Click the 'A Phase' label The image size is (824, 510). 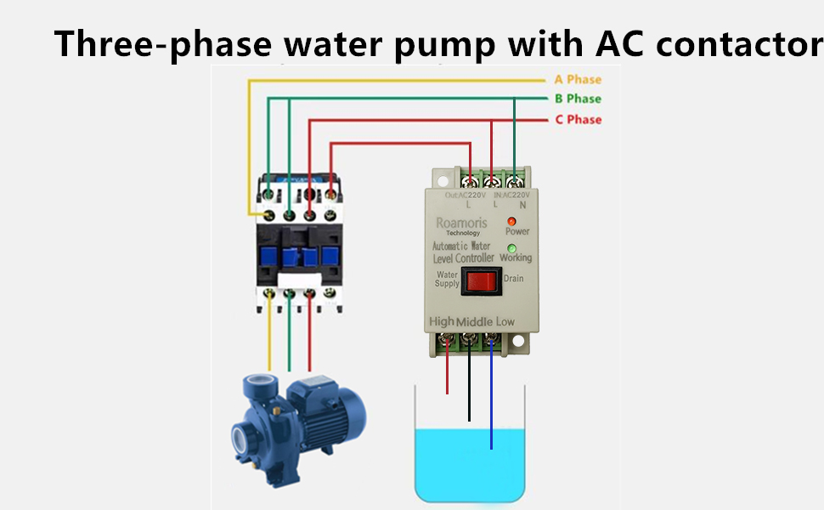point(578,80)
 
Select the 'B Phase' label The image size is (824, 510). point(578,99)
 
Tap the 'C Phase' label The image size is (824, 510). point(578,120)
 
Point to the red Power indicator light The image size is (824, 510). point(513,221)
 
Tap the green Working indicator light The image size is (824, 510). point(512,248)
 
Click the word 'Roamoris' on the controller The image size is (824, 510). point(461,223)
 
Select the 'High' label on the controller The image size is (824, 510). point(442,321)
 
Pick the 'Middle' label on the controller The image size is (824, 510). point(474,322)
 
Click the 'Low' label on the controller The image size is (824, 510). point(505,321)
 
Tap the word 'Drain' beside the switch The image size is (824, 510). point(514,279)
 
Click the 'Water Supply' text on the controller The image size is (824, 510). point(447,280)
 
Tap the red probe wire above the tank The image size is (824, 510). point(448,374)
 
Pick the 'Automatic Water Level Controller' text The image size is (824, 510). point(463,252)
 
